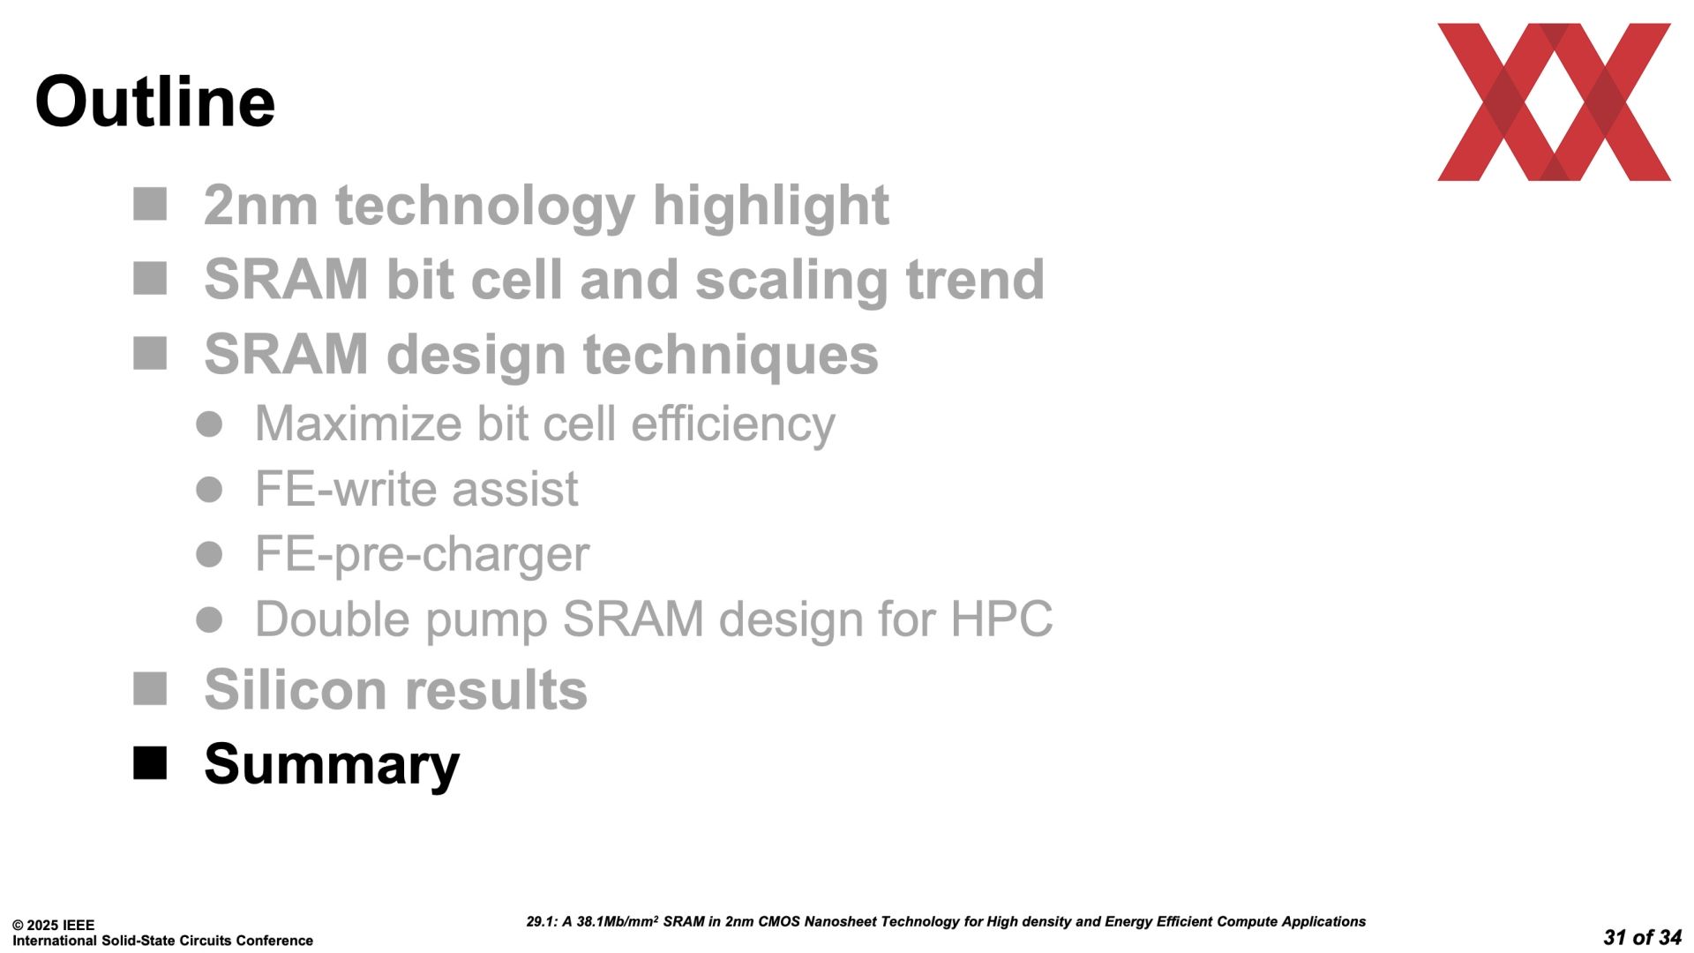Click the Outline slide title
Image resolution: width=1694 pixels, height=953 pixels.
pyautogui.click(x=155, y=101)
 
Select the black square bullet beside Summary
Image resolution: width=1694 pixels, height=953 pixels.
pyautogui.click(x=150, y=763)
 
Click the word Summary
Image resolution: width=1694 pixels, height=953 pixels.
pyautogui.click(x=332, y=764)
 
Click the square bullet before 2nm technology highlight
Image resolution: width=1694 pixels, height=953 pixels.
pyautogui.click(x=150, y=204)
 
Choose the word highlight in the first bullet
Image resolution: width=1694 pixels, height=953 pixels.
pyautogui.click(x=770, y=206)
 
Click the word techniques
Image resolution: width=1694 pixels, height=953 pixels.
pyautogui.click(x=731, y=355)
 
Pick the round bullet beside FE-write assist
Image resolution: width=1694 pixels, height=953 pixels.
pyautogui.click(x=209, y=489)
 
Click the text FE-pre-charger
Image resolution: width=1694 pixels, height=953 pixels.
pyautogui.click(x=422, y=555)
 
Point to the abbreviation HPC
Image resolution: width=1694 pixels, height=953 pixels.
pyautogui.click(x=1001, y=619)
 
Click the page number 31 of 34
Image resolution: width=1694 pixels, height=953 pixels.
pyautogui.click(x=1642, y=937)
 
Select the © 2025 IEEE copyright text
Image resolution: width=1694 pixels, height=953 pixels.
pyautogui.click(x=53, y=926)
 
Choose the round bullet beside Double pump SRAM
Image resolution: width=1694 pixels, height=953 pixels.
pyautogui.click(x=209, y=619)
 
